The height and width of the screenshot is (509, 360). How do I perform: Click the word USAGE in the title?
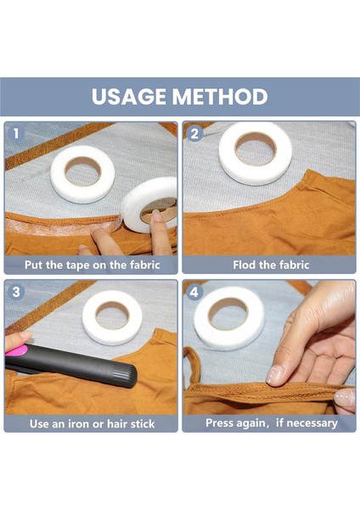[x=129, y=97]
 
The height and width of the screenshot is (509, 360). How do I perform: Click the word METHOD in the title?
[x=220, y=97]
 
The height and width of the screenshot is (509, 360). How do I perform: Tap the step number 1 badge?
[x=15, y=133]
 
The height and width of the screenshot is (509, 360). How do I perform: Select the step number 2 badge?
[x=194, y=133]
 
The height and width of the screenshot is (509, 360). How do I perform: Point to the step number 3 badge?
[x=15, y=292]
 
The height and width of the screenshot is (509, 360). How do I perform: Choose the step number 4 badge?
[x=194, y=292]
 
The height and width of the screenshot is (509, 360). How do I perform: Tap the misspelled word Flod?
[x=244, y=265]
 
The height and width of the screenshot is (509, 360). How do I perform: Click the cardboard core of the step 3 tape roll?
[x=112, y=315]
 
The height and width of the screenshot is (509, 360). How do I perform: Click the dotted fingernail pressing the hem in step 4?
[x=274, y=374]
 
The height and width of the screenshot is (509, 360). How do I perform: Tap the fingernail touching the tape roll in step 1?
[x=157, y=215]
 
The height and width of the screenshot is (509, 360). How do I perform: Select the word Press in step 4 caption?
[x=220, y=423]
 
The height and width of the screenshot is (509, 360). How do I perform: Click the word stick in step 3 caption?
[x=143, y=424]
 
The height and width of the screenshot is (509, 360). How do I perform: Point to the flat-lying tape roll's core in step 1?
[x=82, y=171]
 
